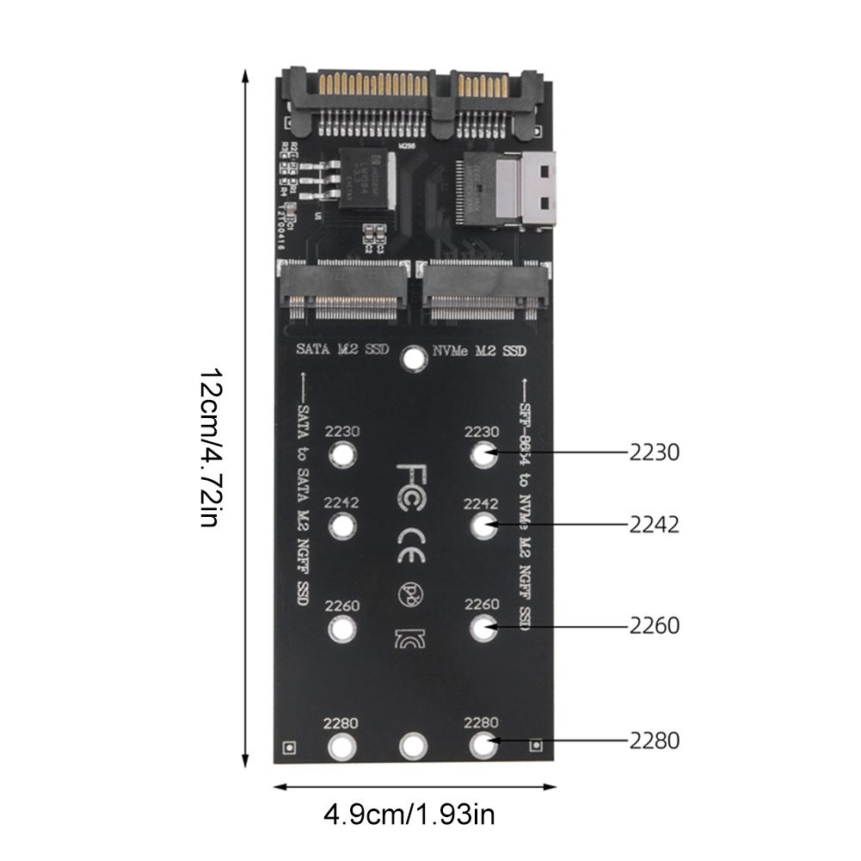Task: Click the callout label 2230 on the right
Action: tap(654, 452)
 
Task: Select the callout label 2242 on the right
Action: tap(654, 524)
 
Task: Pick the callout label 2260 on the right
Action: tap(654, 625)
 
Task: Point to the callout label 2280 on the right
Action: tap(654, 740)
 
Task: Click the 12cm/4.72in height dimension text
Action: tap(212, 448)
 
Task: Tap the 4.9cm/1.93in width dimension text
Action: tap(409, 813)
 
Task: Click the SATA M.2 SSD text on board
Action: tap(342, 350)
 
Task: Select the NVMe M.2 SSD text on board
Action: tap(477, 350)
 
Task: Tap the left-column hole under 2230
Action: tap(342, 454)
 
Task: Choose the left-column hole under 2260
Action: tap(342, 630)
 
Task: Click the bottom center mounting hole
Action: tap(415, 745)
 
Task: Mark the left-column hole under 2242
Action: tap(342, 525)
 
